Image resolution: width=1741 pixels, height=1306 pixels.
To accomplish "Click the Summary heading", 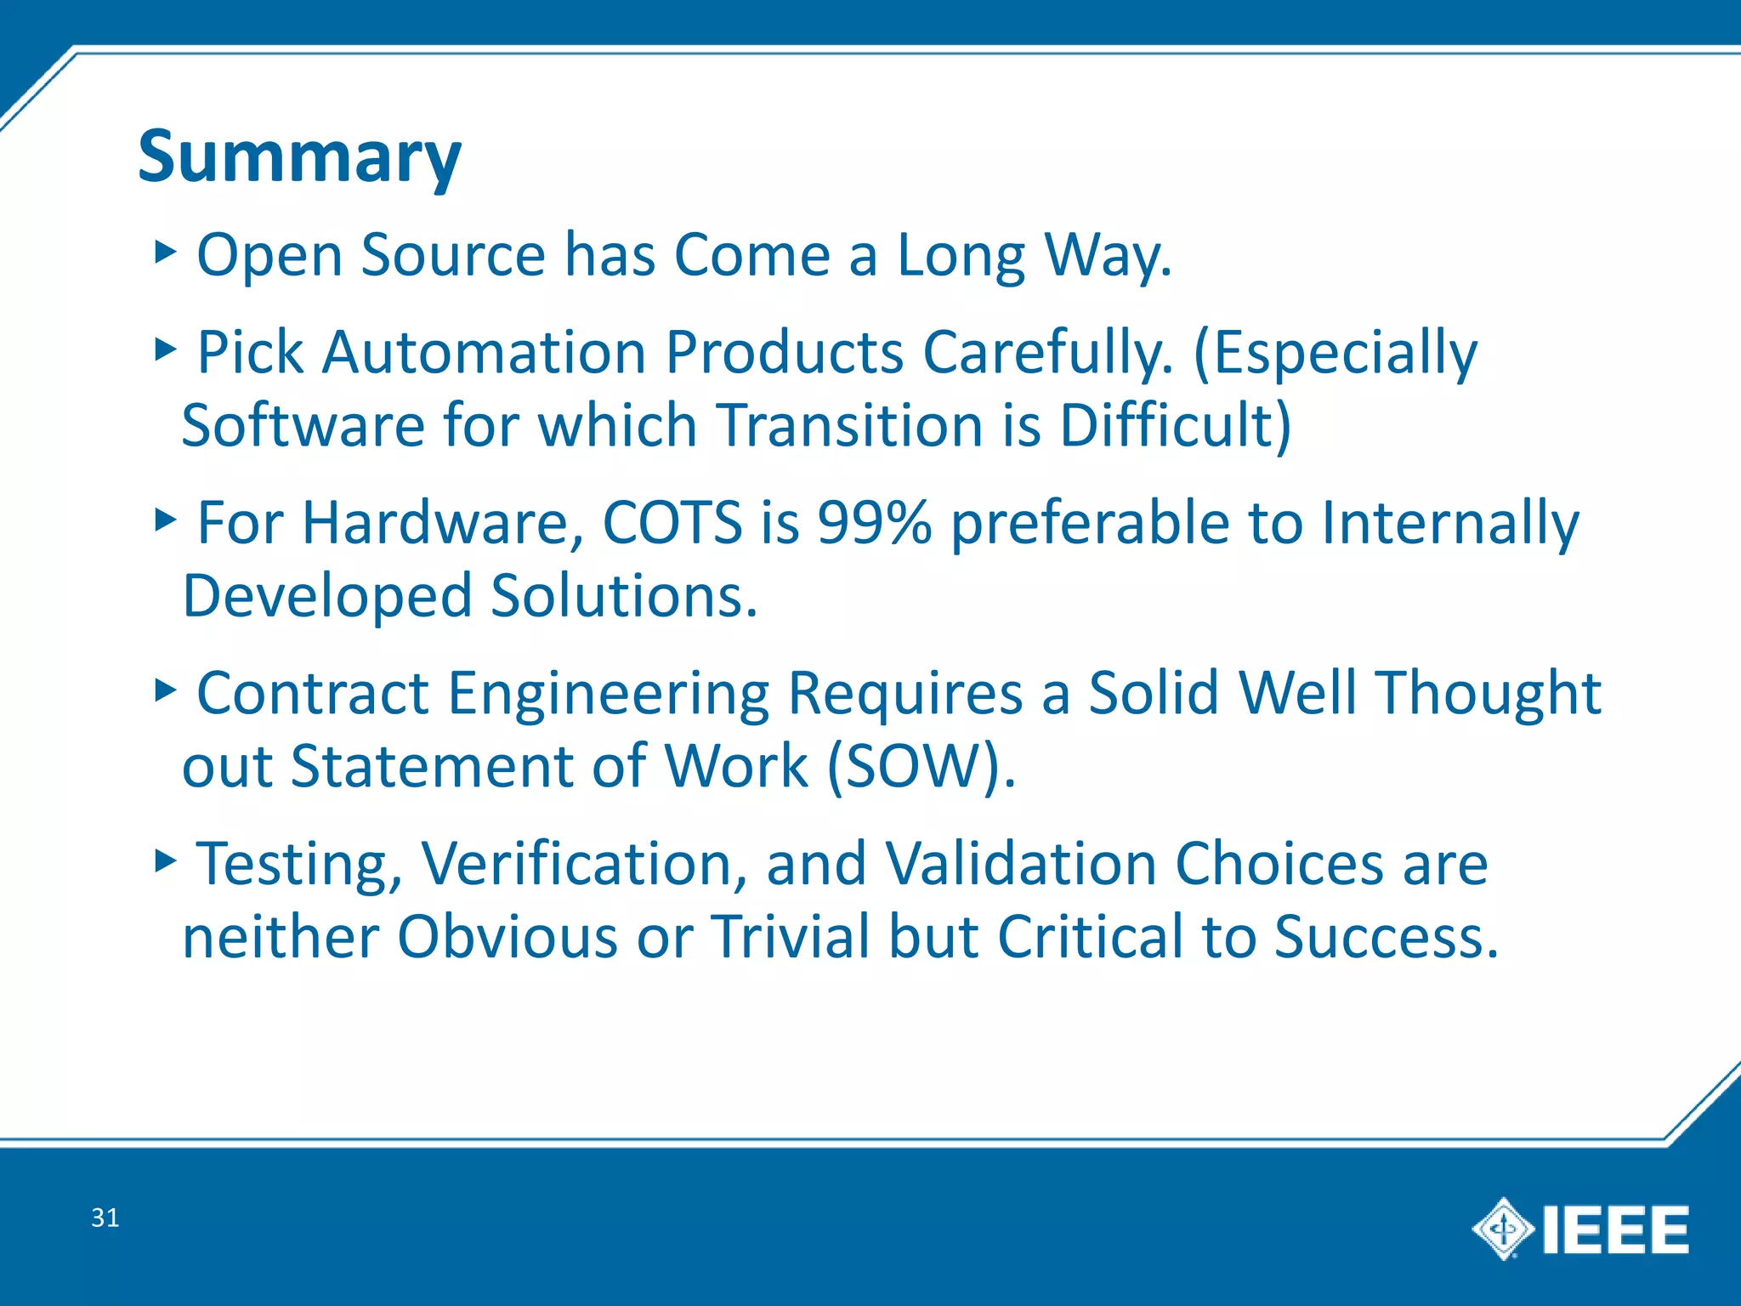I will click(x=299, y=158).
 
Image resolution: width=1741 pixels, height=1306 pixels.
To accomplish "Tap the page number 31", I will click(x=105, y=1218).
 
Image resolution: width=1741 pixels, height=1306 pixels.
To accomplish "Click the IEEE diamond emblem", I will click(x=1502, y=1229).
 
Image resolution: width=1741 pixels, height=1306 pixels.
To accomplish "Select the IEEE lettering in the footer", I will click(x=1614, y=1229).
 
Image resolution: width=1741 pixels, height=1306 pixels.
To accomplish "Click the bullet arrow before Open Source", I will click(x=165, y=252).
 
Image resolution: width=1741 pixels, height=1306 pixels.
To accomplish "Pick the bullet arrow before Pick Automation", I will click(x=165, y=349).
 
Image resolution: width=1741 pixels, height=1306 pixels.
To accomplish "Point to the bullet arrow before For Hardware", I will click(x=165, y=520).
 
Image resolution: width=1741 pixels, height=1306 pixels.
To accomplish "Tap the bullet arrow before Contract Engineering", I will click(x=165, y=690).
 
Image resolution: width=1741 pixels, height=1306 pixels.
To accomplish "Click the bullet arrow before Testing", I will click(x=165, y=861).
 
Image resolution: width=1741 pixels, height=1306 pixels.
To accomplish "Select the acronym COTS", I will click(x=672, y=522).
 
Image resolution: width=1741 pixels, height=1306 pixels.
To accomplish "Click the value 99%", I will click(x=873, y=522).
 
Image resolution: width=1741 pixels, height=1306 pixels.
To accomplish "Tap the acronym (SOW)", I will click(x=921, y=766).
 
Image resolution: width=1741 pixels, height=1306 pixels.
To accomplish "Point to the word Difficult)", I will click(x=1175, y=425).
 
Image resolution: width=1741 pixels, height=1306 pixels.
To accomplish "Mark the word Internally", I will click(x=1449, y=524).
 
